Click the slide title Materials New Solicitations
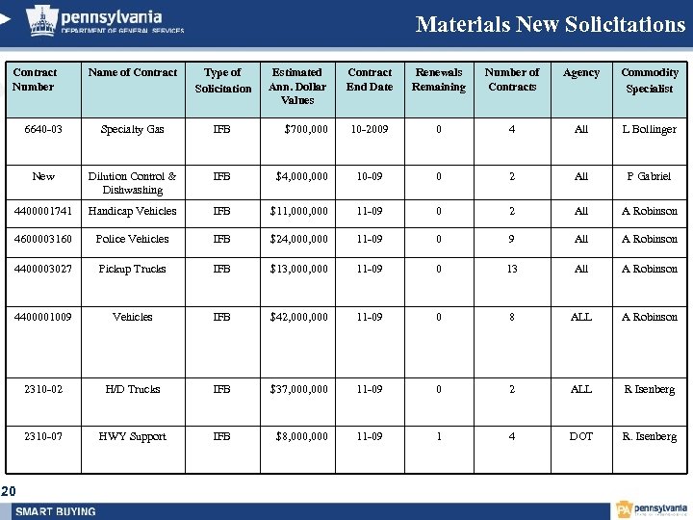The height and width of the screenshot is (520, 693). click(x=550, y=24)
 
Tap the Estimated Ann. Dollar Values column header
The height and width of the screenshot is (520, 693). click(x=297, y=86)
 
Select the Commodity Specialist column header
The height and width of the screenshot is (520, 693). click(x=650, y=80)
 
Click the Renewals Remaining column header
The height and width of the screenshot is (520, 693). click(x=438, y=79)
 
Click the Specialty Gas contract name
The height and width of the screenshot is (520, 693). click(x=133, y=129)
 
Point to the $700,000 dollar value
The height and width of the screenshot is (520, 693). click(x=306, y=129)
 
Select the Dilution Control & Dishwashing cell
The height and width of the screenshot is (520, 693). click(x=133, y=183)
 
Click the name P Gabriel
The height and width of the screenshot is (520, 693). click(x=649, y=176)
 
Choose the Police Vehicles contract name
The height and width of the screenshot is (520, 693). click(x=133, y=239)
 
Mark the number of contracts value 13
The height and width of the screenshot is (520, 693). click(x=512, y=269)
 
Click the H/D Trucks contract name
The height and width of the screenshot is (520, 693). click(x=133, y=389)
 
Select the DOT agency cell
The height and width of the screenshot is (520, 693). click(x=580, y=436)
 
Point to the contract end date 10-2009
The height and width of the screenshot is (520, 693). click(x=370, y=129)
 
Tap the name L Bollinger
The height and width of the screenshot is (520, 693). click(x=649, y=129)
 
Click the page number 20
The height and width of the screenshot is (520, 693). click(x=9, y=492)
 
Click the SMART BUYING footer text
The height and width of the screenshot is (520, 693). click(x=56, y=510)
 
